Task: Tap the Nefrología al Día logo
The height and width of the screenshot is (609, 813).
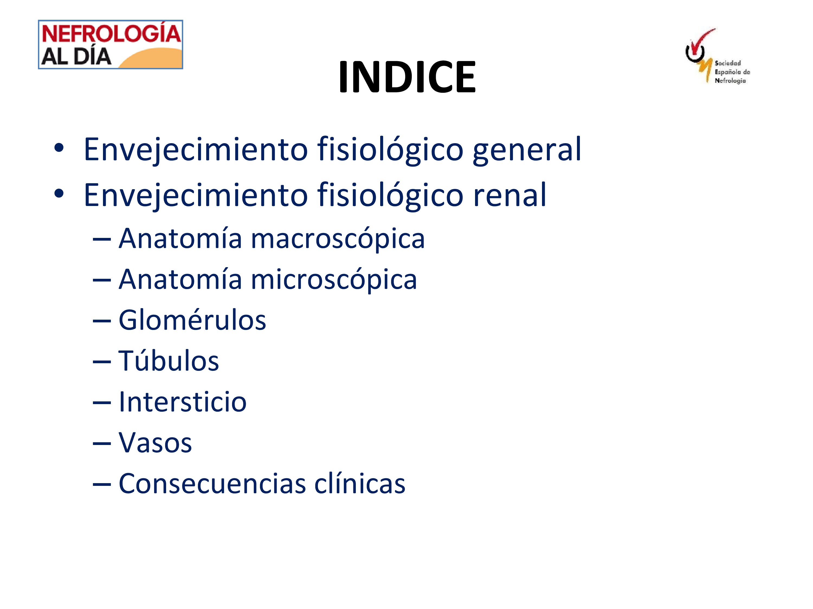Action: click(x=111, y=44)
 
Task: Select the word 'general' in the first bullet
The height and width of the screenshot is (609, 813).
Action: click(x=527, y=149)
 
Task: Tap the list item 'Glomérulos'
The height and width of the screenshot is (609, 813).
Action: click(x=192, y=320)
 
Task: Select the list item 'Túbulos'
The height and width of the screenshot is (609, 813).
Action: click(x=169, y=361)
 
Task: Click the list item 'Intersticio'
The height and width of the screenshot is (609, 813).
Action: click(x=183, y=402)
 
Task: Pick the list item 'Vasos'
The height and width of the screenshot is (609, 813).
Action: click(x=155, y=443)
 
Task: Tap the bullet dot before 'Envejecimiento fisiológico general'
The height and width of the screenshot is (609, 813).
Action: click(x=59, y=148)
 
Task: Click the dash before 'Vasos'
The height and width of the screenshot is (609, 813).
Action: click(x=102, y=443)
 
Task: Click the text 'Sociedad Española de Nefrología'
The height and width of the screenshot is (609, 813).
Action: click(x=732, y=72)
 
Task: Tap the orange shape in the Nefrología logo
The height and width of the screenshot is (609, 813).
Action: click(x=154, y=59)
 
